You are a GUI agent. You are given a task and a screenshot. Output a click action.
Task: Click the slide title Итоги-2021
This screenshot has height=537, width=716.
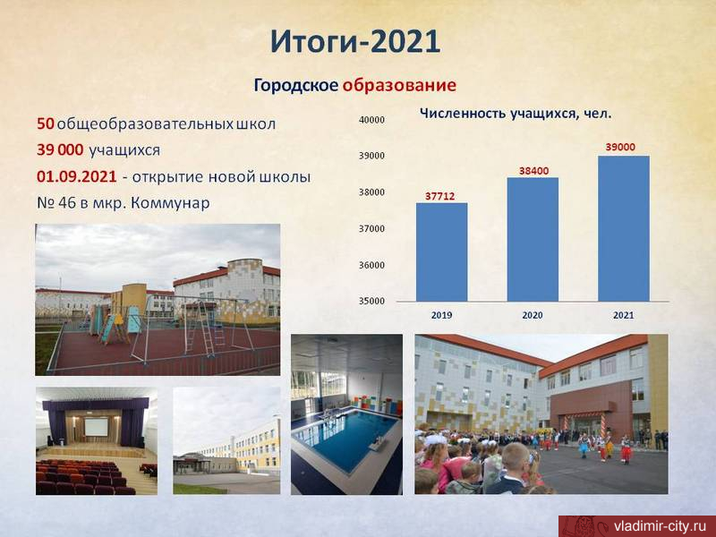354,41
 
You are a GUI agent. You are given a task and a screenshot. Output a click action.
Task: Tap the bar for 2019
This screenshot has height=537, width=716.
441,252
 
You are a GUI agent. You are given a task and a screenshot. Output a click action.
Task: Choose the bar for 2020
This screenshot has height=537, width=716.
533,239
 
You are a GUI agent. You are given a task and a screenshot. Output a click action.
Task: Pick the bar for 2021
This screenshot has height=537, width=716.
623,228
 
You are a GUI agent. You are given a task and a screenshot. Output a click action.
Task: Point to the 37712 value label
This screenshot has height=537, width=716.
439,196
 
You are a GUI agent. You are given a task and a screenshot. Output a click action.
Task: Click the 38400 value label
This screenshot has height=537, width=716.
533,171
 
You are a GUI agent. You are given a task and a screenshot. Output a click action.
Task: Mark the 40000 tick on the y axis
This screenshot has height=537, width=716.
371,120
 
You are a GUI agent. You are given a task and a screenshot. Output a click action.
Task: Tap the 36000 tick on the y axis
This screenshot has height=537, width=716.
371,265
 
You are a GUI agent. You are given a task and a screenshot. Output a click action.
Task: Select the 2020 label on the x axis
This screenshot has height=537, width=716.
533,315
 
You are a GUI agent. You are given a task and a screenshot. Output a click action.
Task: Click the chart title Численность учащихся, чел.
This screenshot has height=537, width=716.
516,114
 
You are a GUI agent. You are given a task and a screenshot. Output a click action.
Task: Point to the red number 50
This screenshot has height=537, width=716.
46,124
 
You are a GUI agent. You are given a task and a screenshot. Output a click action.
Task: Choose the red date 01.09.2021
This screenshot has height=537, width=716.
77,176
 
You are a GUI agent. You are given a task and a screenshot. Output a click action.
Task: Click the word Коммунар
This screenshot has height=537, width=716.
170,203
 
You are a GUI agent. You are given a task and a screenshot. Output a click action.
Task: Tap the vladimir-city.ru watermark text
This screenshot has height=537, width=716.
661,526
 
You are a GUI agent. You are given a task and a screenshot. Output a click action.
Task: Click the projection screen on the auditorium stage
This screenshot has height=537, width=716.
96,427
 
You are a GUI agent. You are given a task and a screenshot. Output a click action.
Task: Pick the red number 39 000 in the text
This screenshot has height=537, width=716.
60,150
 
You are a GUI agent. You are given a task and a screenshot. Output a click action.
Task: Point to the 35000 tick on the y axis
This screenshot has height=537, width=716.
371,301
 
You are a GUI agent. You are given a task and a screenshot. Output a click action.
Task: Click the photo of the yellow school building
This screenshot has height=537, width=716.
226,440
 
